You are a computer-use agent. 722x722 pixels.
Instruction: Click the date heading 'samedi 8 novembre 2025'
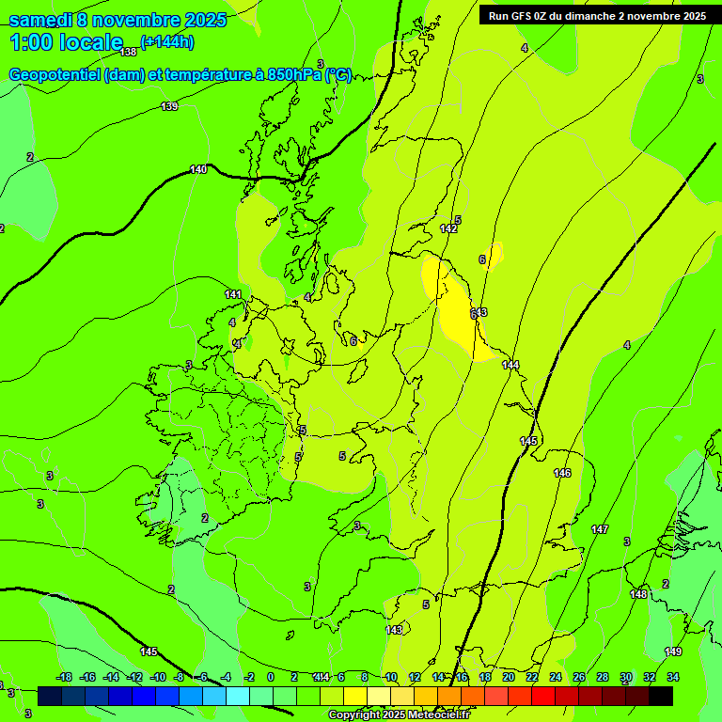click(x=118, y=20)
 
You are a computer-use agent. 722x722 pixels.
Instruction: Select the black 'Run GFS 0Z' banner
click(x=597, y=16)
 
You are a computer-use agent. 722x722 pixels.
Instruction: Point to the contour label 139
click(x=169, y=106)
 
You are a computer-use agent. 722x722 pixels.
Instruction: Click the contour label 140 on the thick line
click(x=197, y=169)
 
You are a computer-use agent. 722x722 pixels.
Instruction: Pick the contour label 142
click(x=448, y=228)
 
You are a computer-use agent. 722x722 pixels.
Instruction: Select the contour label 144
click(x=510, y=365)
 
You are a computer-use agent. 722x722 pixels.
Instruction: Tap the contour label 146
click(x=562, y=473)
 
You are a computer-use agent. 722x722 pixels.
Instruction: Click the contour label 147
click(x=600, y=530)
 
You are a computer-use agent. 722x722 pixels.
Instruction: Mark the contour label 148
click(x=639, y=594)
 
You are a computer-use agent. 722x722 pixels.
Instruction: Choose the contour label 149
click(x=673, y=651)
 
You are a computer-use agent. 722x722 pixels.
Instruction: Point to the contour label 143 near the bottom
click(x=394, y=630)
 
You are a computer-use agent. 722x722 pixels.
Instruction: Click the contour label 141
click(x=233, y=294)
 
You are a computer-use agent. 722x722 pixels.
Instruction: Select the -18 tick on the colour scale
click(x=64, y=677)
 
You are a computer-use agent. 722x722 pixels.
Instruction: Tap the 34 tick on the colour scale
click(x=673, y=677)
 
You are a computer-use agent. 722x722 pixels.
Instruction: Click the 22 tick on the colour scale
click(x=531, y=677)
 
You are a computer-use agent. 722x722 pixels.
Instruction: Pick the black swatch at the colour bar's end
click(x=660, y=696)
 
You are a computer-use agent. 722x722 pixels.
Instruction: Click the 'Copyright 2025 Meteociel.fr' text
click(x=399, y=715)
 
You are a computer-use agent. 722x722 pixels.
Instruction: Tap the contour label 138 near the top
click(x=129, y=52)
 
